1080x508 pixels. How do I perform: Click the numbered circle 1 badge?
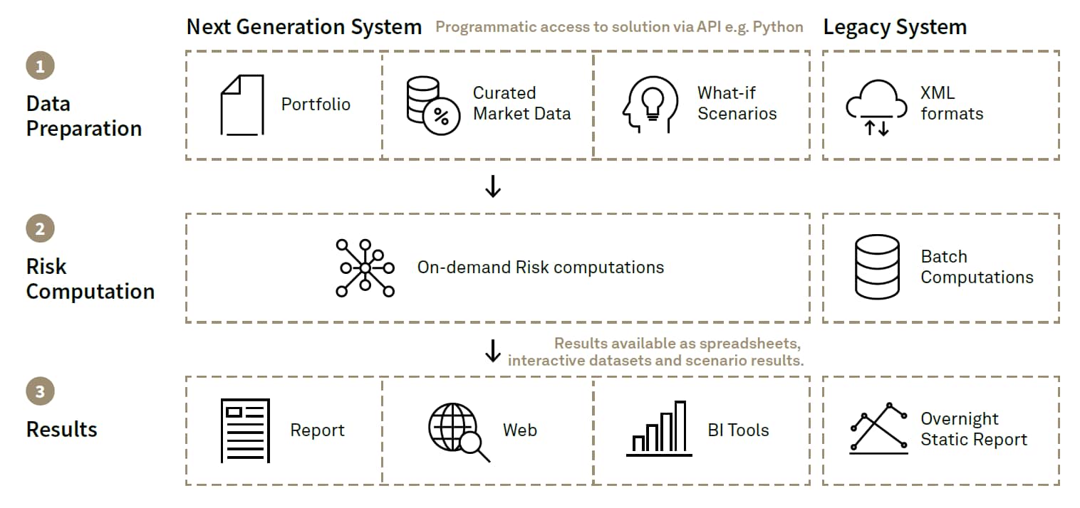pyautogui.click(x=40, y=66)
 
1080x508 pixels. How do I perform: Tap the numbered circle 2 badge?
pyautogui.click(x=40, y=228)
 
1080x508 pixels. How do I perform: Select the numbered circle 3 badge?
pyautogui.click(x=40, y=391)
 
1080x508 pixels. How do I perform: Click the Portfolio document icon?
pyautogui.click(x=242, y=105)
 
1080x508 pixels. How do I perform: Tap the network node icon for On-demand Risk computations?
pyautogui.click(x=365, y=268)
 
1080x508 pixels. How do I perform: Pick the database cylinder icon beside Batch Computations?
pyautogui.click(x=876, y=268)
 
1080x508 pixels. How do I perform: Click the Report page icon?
pyautogui.click(x=245, y=430)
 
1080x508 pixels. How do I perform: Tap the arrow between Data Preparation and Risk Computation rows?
pyautogui.click(x=492, y=186)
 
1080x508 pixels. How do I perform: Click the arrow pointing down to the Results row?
pyautogui.click(x=492, y=351)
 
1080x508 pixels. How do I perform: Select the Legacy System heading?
pyautogui.click(x=895, y=28)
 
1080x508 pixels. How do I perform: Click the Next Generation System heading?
pyautogui.click(x=304, y=28)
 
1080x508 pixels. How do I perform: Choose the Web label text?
pyautogui.click(x=519, y=430)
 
